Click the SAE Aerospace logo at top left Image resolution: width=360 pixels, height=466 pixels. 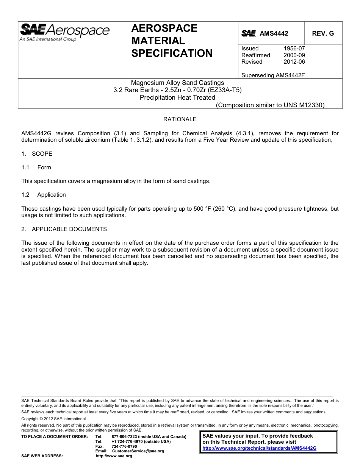click(64, 32)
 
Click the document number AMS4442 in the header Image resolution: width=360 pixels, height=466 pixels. click(274, 33)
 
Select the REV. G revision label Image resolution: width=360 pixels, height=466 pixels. click(323, 33)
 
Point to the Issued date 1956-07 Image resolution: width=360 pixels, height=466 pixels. click(294, 48)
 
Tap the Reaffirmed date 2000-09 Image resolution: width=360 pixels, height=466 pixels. click(294, 55)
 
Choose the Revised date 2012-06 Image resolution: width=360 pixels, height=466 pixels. click(294, 62)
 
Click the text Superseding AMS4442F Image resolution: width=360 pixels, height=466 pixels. click(273, 75)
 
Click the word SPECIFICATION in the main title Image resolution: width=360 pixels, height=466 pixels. click(172, 53)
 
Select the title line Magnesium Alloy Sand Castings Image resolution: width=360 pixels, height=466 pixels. click(177, 83)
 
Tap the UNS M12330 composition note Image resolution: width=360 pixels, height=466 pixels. click(270, 105)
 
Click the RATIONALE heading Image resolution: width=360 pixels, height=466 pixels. click(180, 119)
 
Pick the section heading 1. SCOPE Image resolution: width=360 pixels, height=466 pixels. click(37, 154)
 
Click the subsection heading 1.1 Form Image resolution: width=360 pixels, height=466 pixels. click(36, 167)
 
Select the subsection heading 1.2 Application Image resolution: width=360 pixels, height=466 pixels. click(44, 195)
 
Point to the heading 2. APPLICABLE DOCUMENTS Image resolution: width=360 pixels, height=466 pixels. click(64, 229)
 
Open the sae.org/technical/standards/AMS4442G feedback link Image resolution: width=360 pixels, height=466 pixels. click(259, 448)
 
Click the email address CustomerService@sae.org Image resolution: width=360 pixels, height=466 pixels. click(138, 451)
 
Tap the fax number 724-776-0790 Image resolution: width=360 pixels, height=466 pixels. click(124, 446)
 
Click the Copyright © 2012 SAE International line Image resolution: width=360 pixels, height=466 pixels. click(53, 419)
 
